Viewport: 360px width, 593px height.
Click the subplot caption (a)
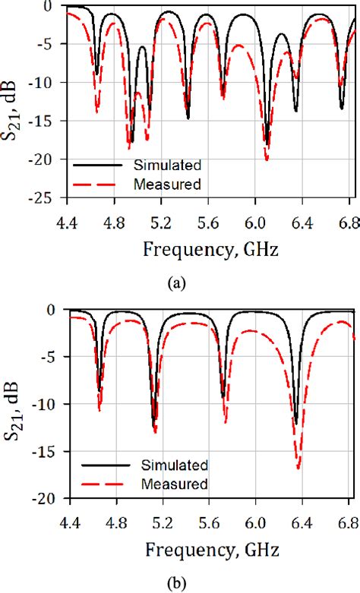[176, 282]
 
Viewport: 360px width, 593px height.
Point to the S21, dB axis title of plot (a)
[15, 103]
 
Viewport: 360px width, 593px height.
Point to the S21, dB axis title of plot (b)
[15, 404]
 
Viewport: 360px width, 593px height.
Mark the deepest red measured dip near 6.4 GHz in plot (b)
[298, 468]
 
